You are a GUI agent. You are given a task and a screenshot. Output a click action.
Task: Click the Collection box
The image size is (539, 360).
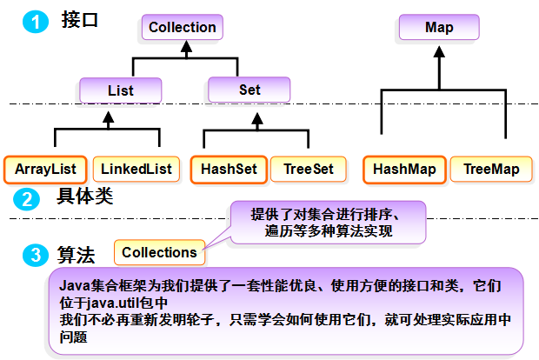tap(182, 28)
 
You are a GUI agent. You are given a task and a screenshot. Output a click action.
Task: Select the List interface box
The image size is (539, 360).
tap(120, 90)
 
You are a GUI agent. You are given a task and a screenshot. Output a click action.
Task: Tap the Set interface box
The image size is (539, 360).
tap(249, 90)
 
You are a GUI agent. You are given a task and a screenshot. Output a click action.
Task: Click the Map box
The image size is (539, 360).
tap(439, 28)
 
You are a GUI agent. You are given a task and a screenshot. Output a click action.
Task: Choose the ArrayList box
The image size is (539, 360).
tap(45, 169)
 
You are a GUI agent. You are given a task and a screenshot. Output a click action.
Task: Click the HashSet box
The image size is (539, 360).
tap(229, 169)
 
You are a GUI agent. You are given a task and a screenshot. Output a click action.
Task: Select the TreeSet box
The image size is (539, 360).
tap(309, 169)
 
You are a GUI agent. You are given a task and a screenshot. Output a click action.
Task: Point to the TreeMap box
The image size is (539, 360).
tap(491, 169)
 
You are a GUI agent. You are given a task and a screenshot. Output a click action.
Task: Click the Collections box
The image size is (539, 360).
tap(160, 252)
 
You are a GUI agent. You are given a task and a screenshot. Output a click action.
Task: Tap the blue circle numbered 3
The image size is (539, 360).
tap(34, 254)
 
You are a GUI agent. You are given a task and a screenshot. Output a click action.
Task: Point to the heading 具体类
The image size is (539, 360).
tap(85, 196)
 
